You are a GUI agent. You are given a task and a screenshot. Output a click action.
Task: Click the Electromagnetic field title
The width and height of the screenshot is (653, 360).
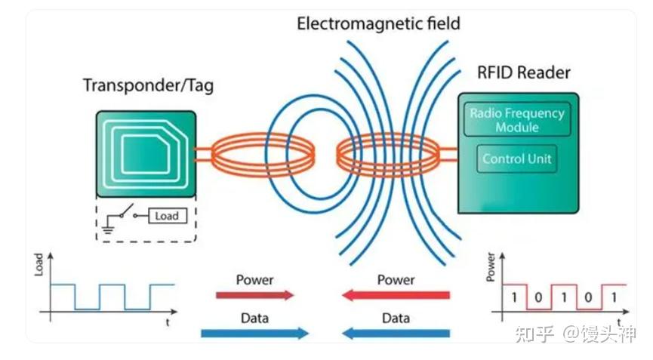pyautogui.click(x=377, y=23)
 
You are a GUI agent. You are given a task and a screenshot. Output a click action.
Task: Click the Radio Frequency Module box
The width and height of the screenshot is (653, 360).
pyautogui.click(x=517, y=120)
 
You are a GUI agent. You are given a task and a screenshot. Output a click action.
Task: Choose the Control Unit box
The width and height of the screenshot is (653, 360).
pyautogui.click(x=517, y=159)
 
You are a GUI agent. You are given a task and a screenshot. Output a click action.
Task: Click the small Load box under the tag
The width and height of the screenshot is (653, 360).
pyautogui.click(x=166, y=216)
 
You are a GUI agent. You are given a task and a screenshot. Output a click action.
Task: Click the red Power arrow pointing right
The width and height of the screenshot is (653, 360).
pyautogui.click(x=255, y=295)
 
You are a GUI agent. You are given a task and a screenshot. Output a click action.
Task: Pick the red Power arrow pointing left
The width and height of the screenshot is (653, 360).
pyautogui.click(x=396, y=295)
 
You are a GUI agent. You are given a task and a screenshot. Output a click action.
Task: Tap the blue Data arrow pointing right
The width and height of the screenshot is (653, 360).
pyautogui.click(x=255, y=333)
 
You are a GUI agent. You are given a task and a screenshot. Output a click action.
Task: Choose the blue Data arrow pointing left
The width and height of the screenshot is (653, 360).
pyautogui.click(x=396, y=333)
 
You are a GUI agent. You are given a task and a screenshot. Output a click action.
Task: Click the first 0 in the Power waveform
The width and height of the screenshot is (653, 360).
pyautogui.click(x=539, y=297)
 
